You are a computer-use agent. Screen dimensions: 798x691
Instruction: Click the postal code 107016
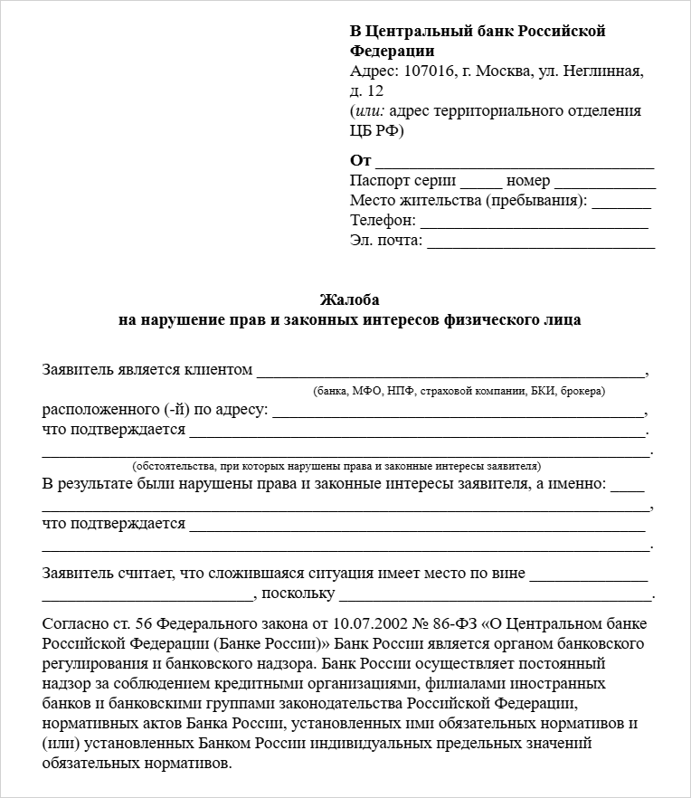point(431,71)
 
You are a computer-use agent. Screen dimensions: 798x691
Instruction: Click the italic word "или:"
point(371,111)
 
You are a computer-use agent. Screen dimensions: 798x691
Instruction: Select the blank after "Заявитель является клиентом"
point(451,372)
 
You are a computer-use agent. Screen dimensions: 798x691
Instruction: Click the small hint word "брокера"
point(582,391)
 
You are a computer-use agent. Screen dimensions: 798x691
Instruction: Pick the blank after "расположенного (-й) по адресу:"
point(458,413)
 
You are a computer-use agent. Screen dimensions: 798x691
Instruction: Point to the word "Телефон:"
point(383,221)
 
